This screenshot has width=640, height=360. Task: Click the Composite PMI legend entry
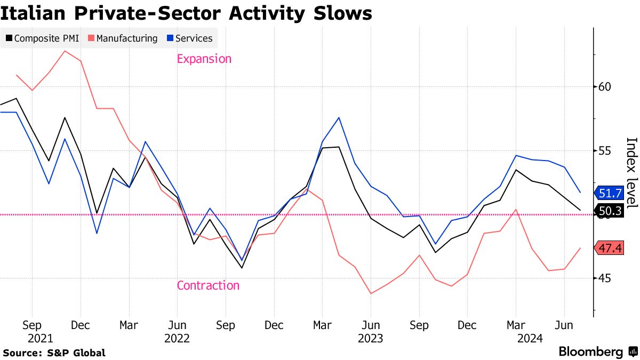click(42, 38)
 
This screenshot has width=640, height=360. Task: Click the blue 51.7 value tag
click(610, 193)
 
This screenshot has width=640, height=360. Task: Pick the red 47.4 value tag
click(610, 248)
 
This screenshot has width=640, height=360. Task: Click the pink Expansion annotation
click(204, 59)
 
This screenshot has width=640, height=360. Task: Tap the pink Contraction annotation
click(208, 285)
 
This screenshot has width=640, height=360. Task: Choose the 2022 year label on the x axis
click(177, 338)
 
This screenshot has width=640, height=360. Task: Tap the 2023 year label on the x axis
click(371, 338)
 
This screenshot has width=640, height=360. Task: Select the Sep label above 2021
click(32, 325)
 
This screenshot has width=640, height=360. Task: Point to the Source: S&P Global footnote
click(54, 353)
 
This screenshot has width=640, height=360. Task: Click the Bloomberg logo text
click(591, 352)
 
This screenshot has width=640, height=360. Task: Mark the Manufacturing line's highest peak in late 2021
click(65, 51)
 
